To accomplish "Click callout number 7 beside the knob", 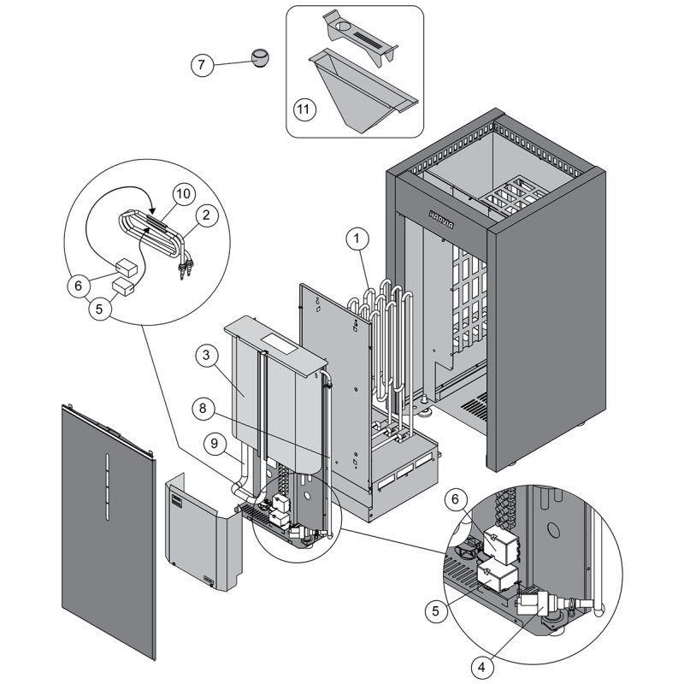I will pos(202,65).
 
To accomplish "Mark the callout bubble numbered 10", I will pos(181,193).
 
